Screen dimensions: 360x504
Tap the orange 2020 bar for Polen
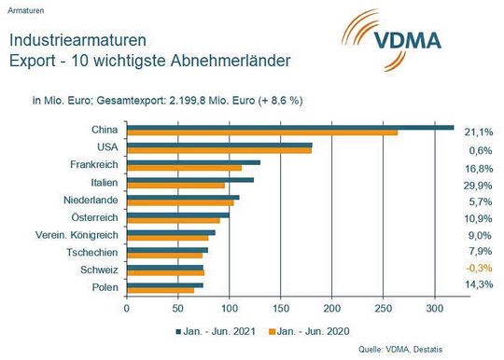click(x=160, y=290)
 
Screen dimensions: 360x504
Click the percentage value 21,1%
click(x=479, y=132)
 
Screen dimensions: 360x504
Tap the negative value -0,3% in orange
click(x=478, y=271)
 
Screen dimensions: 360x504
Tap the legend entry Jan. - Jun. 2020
click(x=315, y=329)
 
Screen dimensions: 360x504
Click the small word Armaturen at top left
click(x=26, y=7)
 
